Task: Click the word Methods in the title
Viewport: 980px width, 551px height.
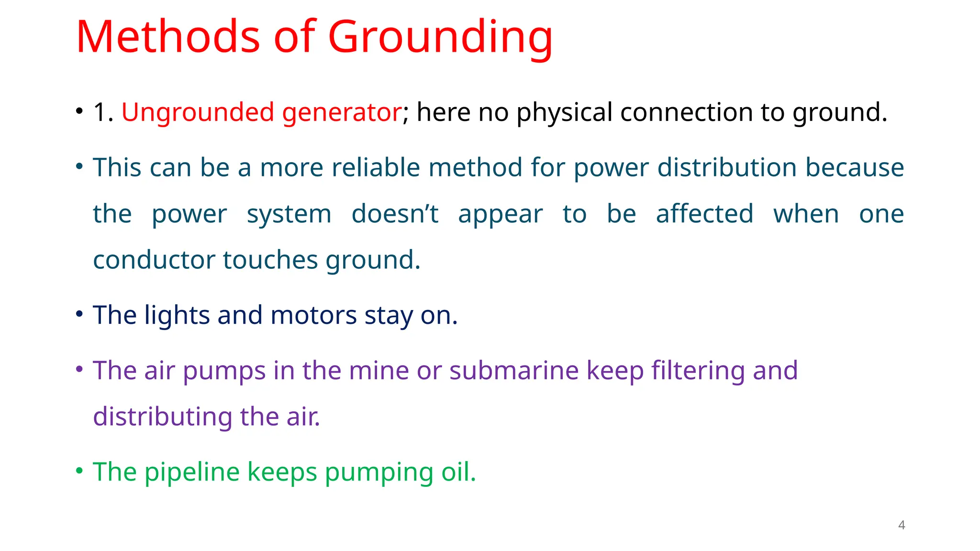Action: coord(167,37)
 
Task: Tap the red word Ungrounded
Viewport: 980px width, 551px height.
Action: coord(198,112)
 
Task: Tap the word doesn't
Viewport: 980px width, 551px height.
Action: coord(395,214)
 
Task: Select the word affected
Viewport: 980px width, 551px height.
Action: coord(704,214)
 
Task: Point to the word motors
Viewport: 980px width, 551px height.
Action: coord(313,316)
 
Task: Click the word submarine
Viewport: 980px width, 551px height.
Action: coord(514,371)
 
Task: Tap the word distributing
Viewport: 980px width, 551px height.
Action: coord(162,417)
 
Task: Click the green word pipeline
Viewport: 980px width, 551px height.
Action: coord(192,473)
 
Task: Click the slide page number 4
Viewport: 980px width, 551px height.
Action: coord(902,525)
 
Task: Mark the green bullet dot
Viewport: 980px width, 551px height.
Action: coord(79,471)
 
